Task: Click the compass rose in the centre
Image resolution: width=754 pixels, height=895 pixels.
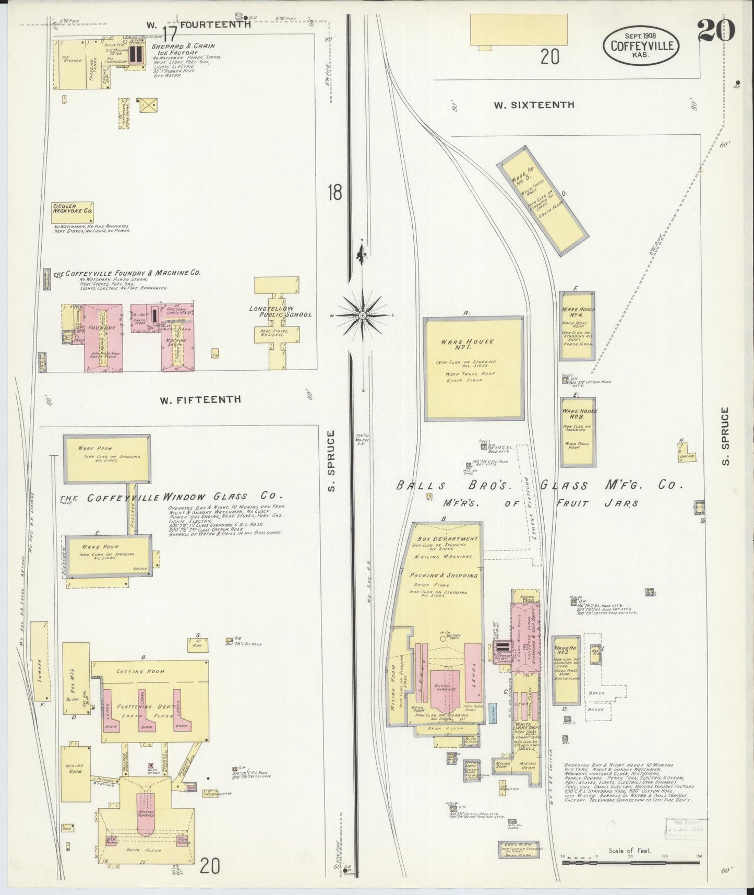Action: click(362, 315)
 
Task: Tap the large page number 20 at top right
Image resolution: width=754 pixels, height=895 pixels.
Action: click(715, 30)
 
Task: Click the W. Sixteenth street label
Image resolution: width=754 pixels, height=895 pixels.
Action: click(534, 105)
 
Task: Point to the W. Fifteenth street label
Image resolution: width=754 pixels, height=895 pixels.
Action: click(200, 399)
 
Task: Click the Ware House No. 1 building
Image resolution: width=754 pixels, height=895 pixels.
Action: click(473, 368)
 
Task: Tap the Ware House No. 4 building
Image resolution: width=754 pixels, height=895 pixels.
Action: click(577, 326)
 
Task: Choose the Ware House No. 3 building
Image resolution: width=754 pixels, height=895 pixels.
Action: click(577, 432)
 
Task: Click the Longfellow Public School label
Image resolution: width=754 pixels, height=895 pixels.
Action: click(280, 312)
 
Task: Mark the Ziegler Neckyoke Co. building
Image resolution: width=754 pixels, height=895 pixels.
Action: click(72, 210)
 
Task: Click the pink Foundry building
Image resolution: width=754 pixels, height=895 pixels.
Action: click(102, 337)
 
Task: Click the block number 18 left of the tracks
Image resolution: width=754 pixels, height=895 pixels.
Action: click(334, 192)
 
